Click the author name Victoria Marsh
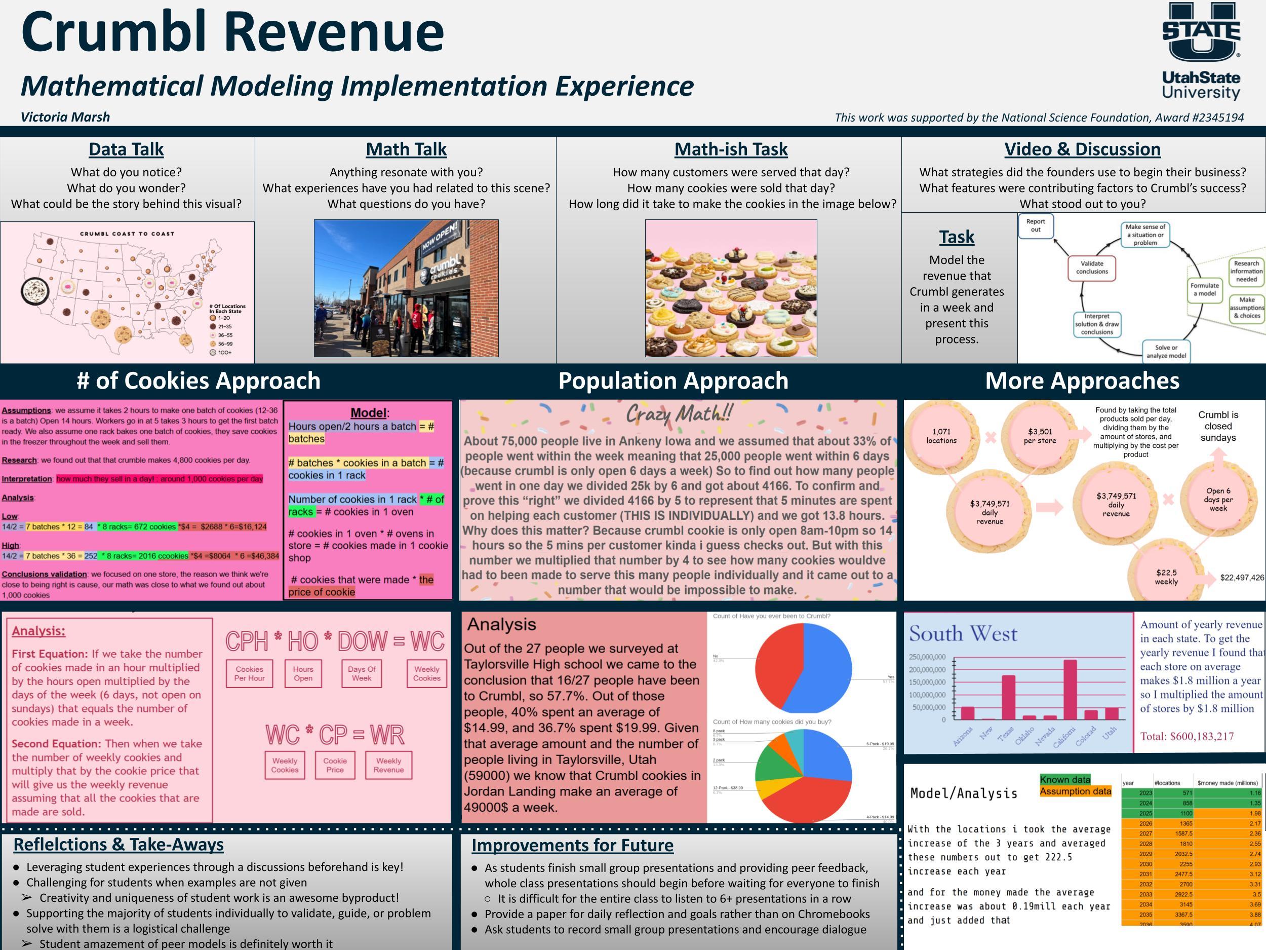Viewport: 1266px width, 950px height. click(65, 117)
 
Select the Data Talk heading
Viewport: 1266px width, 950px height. click(126, 149)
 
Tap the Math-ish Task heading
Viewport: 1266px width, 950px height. click(731, 149)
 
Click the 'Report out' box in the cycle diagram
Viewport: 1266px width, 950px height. click(1036, 225)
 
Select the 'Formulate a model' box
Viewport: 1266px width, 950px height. click(1204, 289)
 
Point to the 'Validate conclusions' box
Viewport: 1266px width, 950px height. click(1091, 268)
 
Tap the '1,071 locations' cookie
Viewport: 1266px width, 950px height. click(941, 436)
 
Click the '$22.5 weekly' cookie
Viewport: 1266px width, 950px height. click(1166, 577)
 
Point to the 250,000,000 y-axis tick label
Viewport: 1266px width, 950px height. click(927, 657)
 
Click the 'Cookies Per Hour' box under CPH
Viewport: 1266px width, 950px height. click(250, 673)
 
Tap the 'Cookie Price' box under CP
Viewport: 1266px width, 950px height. click(335, 765)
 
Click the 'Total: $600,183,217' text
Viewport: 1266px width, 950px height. click(1186, 736)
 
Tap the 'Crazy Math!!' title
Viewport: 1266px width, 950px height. click(678, 413)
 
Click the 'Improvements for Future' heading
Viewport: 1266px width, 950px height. click(572, 845)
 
